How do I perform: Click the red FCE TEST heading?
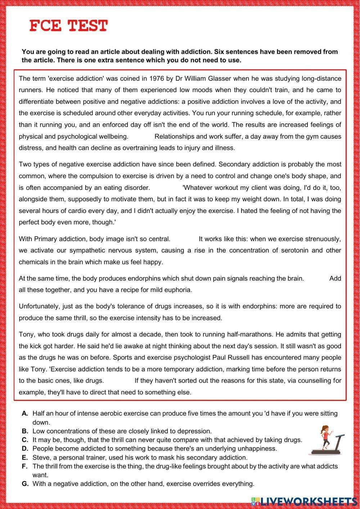click(68, 26)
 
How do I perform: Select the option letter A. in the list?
click(25, 414)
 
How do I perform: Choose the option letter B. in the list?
click(25, 431)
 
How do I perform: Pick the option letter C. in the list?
click(25, 440)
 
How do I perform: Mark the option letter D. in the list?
click(25, 448)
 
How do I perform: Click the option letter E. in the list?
click(25, 457)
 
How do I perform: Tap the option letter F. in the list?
click(25, 466)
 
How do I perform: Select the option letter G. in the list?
click(25, 484)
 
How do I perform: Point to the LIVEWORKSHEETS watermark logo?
click(304, 501)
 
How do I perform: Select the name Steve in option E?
click(40, 457)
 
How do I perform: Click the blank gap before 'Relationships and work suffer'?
click(141, 137)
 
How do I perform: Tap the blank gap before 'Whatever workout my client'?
click(166, 188)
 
